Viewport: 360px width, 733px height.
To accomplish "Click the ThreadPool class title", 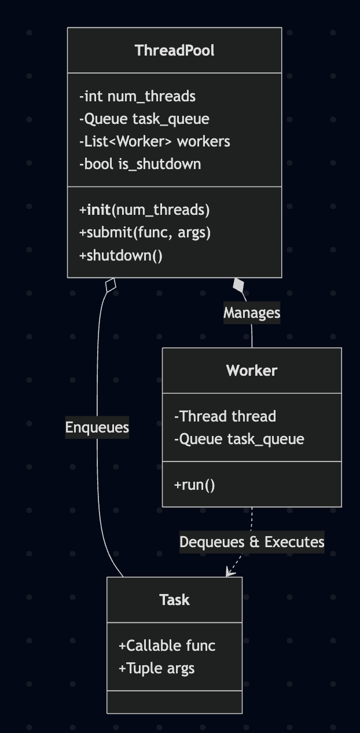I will pos(174,50).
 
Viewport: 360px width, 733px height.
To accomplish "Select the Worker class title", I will pos(252,371).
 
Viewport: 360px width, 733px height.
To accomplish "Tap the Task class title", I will pos(174,600).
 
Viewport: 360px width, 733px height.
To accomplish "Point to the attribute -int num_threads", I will pos(137,96).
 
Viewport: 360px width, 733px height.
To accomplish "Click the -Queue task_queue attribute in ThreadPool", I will pos(144,119).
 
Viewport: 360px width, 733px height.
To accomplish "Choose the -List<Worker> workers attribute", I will pos(155,141).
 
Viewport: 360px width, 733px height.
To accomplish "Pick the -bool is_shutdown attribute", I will pos(140,164).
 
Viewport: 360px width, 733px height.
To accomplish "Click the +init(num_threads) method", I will pos(144,210).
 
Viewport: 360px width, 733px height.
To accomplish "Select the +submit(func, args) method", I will pos(145,232).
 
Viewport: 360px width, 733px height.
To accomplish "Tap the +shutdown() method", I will pos(121,255).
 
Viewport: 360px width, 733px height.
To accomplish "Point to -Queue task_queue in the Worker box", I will pos(239,439).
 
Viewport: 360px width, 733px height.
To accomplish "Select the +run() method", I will pos(194,485).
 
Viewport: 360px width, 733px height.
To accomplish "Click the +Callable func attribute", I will pos(167,646).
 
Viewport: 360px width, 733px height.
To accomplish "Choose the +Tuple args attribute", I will pos(156,668).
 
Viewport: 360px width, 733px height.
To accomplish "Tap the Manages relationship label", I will pos(252,313).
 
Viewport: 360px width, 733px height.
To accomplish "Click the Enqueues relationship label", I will pos(97,427).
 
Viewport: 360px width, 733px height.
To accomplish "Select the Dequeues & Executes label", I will pos(252,542).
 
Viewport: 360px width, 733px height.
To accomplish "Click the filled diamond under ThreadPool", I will pos(238,285).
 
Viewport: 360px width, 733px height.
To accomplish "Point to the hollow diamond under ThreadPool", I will pos(111,285).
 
